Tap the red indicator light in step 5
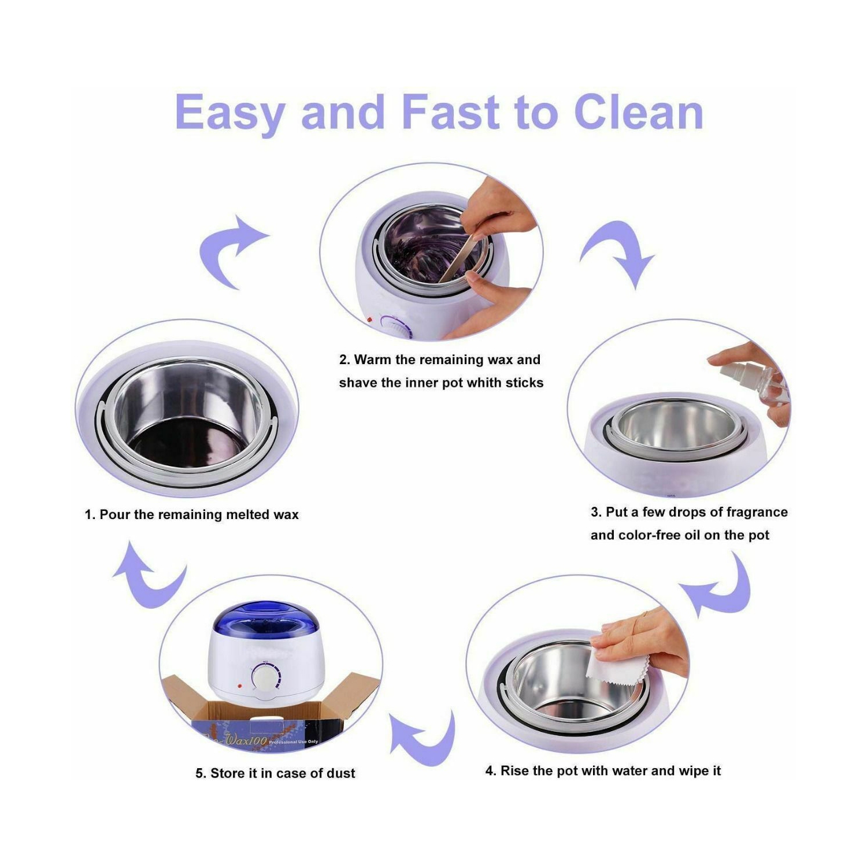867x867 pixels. pos(238,686)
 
